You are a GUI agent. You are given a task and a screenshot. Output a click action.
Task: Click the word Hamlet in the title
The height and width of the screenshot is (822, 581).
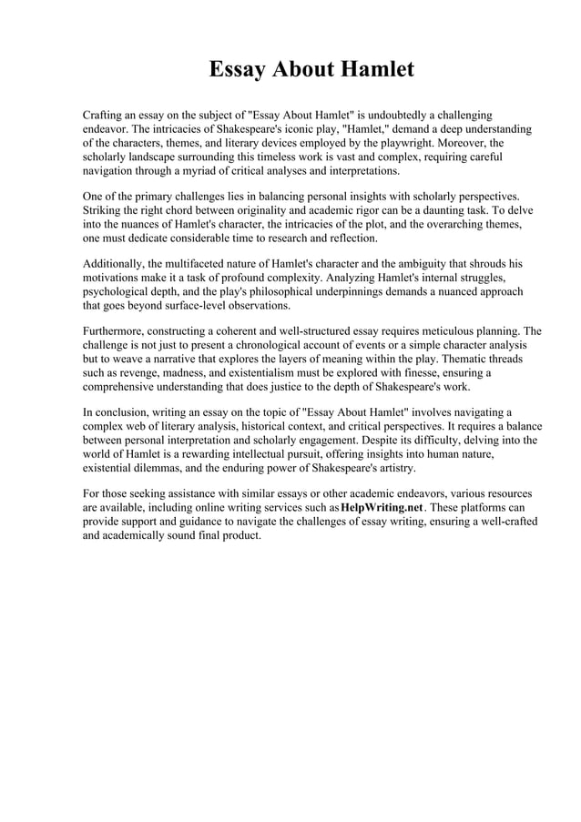coord(375,69)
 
